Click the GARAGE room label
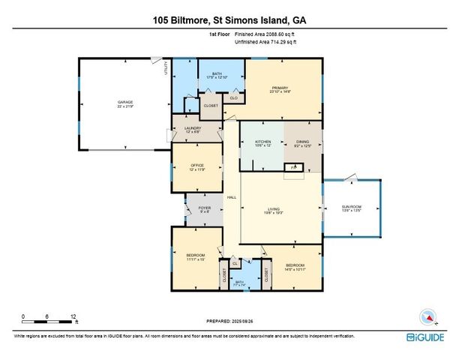tap(124, 102)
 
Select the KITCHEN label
tap(262, 142)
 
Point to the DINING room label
tap(302, 142)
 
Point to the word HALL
tap(232, 196)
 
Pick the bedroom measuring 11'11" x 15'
tap(196, 258)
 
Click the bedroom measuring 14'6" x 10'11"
tap(295, 266)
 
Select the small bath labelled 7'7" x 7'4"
tap(241, 283)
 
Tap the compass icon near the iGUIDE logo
tap(427, 316)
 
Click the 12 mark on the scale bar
tap(72, 316)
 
